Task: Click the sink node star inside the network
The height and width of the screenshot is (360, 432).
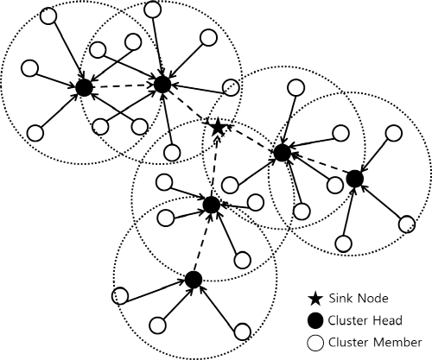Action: pos(218,127)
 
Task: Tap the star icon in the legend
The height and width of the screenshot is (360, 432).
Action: pos(315,299)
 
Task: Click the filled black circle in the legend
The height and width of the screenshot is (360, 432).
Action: pos(315,320)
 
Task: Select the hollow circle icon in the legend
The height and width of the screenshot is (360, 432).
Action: pos(315,343)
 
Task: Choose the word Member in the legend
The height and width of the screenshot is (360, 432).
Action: pos(397,343)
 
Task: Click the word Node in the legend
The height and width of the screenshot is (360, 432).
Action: pos(372,298)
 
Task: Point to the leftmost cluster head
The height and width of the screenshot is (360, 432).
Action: pos(84,88)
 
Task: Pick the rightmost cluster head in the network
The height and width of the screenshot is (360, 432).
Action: pos(355,179)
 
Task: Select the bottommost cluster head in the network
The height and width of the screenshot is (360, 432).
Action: pos(194,280)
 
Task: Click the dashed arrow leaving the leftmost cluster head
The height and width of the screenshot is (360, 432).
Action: pos(124,86)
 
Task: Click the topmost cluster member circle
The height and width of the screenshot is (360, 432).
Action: pos(152,9)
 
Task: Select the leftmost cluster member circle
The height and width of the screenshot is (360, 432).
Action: pos(30,68)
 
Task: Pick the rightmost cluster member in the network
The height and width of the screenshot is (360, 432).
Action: pos(407,224)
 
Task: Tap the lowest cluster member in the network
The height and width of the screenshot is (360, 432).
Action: pos(243,332)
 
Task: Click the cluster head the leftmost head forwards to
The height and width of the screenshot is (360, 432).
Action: pos(162,85)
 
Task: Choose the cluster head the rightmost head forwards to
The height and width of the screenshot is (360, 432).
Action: pos(282,153)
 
